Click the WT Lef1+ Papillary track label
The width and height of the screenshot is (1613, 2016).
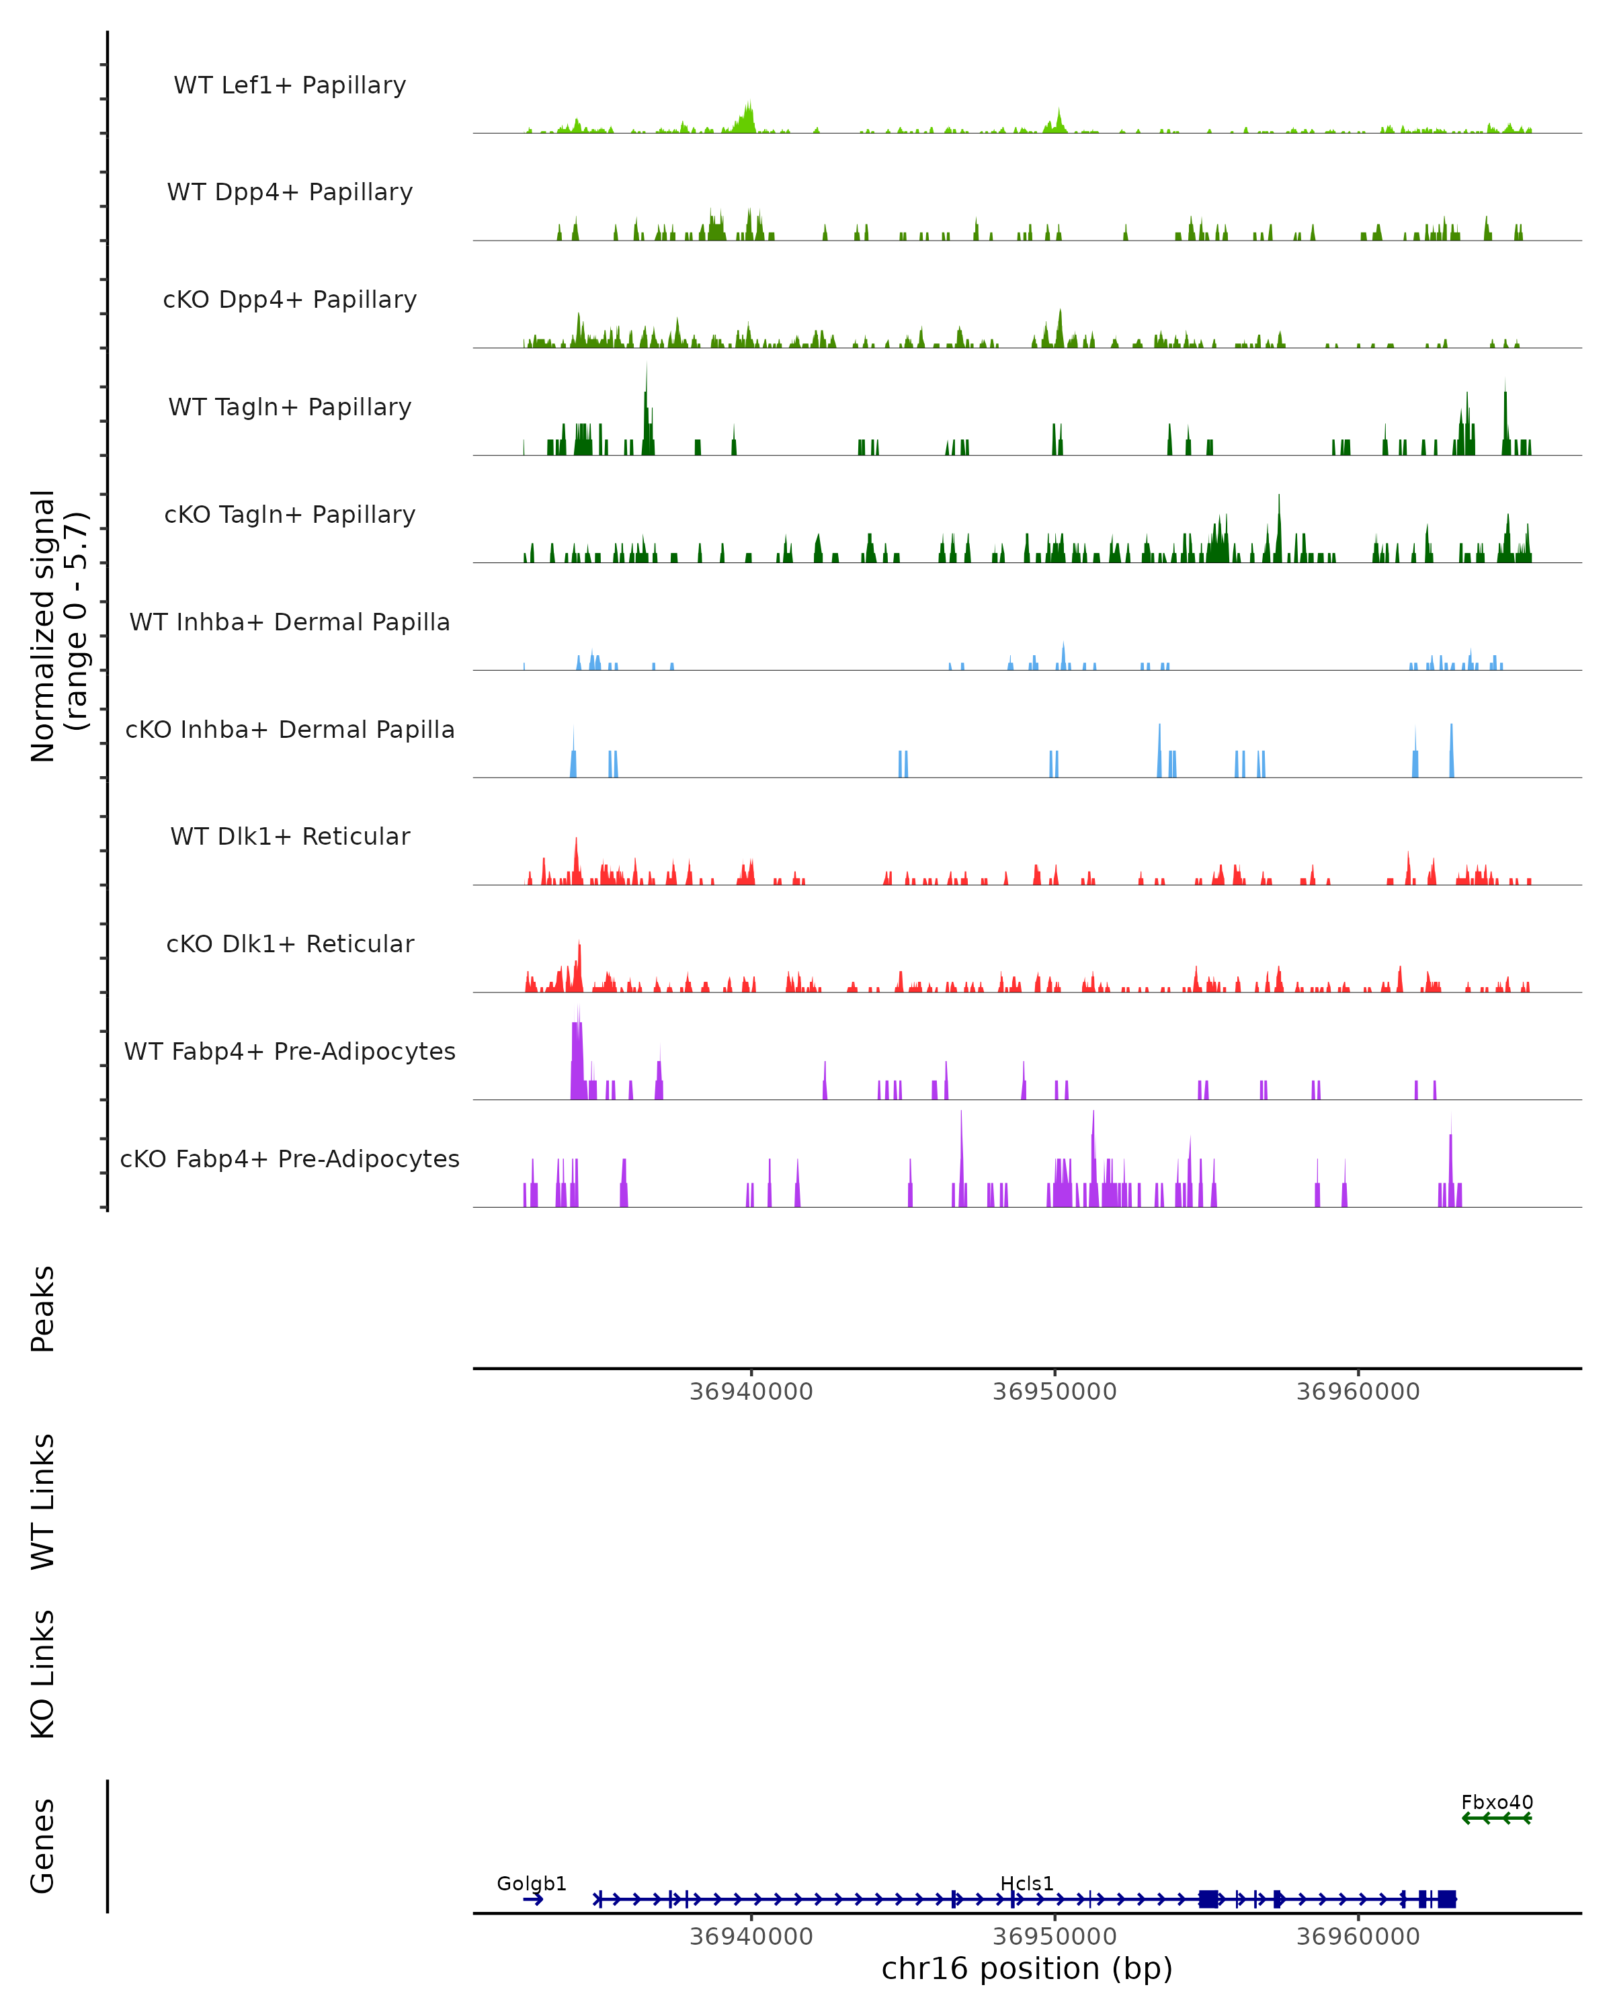290,85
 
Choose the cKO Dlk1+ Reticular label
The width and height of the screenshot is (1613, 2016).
290,943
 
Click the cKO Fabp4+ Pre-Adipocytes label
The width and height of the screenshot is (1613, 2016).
290,1159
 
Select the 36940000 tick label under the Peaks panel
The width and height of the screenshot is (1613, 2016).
751,1392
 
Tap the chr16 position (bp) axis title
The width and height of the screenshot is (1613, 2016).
1027,1968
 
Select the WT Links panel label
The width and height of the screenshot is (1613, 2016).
43,1501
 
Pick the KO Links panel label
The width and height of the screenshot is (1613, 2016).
43,1674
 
